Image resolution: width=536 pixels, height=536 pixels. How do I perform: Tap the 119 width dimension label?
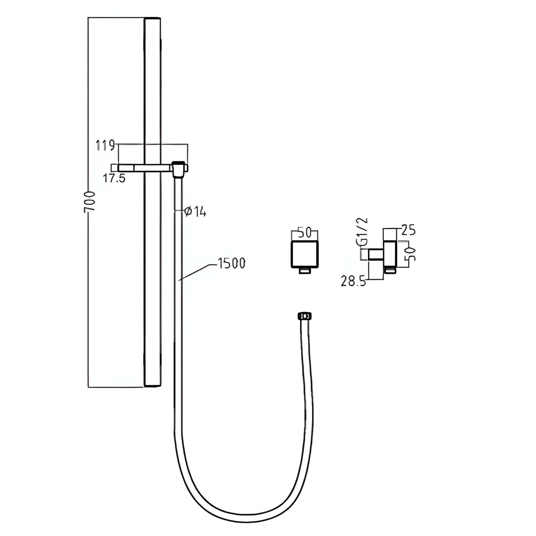coord(105,146)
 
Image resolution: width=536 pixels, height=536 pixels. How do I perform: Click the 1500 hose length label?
coord(231,263)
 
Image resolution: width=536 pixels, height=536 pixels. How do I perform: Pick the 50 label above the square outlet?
coord(305,233)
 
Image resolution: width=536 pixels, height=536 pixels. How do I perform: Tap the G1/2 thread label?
coord(364,232)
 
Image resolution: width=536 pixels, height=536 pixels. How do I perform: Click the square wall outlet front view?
coord(305,255)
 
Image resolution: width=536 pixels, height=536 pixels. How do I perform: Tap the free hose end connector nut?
coord(304,316)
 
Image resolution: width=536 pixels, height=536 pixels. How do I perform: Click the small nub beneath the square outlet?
coord(305,271)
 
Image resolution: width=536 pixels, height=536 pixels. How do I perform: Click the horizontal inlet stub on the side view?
coord(376,254)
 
